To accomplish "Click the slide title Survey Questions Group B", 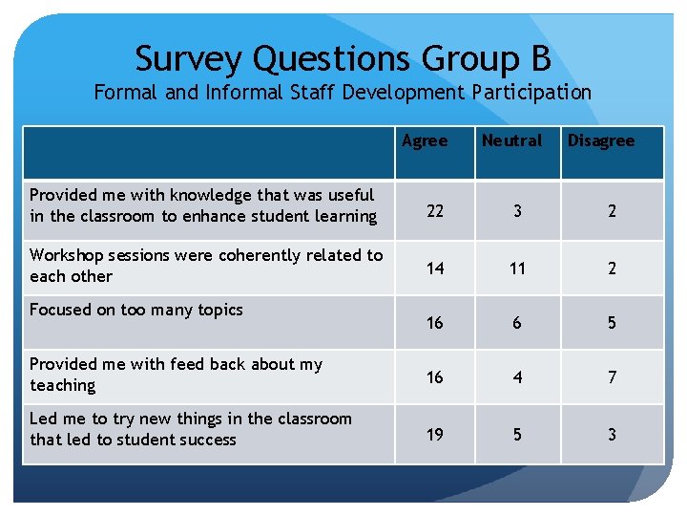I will tap(343, 59).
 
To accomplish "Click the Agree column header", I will tap(425, 140).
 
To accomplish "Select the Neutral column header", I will tap(511, 140).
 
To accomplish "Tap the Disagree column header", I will tap(601, 140).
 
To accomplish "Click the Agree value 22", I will tap(435, 211).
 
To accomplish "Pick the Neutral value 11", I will tap(517, 269).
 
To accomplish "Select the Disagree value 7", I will tap(613, 377).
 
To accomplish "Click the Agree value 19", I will tap(435, 435).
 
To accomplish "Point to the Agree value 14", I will tap(435, 269).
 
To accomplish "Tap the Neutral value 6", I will tap(517, 323).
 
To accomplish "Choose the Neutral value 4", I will tap(517, 377).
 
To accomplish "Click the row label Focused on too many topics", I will tap(136, 310).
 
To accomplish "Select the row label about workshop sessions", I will tap(206, 266).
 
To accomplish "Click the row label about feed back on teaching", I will tap(177, 375).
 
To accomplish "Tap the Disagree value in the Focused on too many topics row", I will tap(613, 323).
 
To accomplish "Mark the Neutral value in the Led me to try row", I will tap(517, 435).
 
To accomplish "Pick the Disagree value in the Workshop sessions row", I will tap(613, 269).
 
